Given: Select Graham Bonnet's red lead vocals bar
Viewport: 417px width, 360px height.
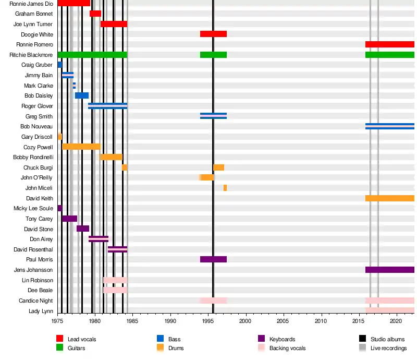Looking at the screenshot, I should click(x=95, y=14).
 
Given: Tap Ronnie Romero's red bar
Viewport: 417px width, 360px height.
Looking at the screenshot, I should click(x=389, y=44).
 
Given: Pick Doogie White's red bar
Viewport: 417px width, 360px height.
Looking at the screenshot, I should click(x=213, y=34).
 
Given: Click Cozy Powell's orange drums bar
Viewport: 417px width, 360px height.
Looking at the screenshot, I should click(x=81, y=147).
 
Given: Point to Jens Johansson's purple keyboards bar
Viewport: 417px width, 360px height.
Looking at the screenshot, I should click(x=389, y=270).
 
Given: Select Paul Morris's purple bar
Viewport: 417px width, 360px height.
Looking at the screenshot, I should click(x=213, y=259).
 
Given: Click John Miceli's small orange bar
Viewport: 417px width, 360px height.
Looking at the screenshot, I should click(x=225, y=188).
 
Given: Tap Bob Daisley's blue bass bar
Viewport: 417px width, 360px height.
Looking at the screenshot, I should click(x=82, y=95).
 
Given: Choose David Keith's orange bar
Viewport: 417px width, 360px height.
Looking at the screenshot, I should click(x=389, y=198).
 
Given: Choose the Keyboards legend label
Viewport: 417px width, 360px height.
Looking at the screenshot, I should click(x=282, y=339).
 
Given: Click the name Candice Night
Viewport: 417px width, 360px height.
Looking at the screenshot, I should click(x=35, y=301).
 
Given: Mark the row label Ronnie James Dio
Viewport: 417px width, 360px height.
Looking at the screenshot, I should click(x=31, y=4).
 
